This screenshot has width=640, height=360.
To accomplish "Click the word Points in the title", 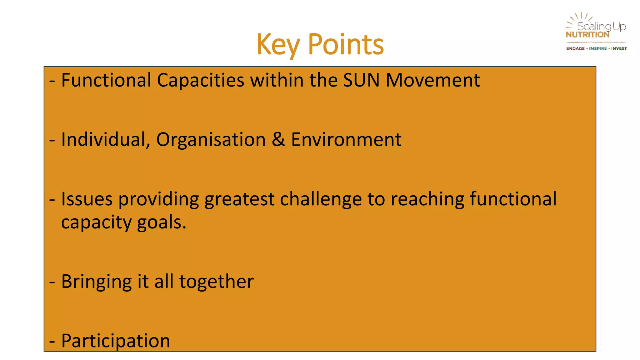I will (346, 45).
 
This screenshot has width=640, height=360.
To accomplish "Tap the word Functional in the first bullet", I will (106, 80).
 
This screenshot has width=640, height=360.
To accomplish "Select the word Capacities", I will (200, 80).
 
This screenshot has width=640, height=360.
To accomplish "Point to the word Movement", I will (432, 80).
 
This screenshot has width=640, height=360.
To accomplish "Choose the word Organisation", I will (211, 140).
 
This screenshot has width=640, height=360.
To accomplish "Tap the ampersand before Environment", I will (278, 140).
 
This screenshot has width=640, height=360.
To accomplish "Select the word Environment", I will (346, 140).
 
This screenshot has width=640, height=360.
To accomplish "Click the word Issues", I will (87, 199).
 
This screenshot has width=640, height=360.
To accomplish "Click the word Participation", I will (116, 341).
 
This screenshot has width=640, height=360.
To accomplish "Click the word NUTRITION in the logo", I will (587, 35).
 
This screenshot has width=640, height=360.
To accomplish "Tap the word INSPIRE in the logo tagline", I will (598, 48).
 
